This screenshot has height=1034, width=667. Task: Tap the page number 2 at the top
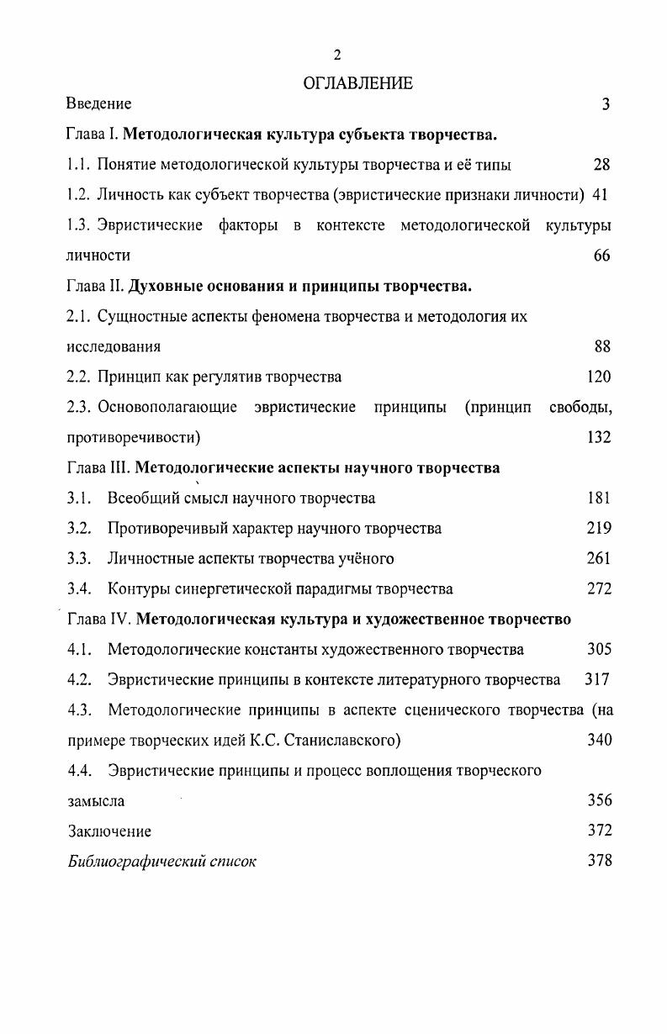point(337,55)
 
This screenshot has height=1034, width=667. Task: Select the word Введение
point(99,104)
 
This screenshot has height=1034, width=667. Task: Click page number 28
point(601,165)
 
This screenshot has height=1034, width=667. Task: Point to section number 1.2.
point(78,195)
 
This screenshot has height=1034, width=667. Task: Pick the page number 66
point(601,256)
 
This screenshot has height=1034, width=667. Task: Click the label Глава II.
point(95,286)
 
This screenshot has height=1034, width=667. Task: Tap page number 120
point(599,377)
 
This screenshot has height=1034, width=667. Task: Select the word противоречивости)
point(134,437)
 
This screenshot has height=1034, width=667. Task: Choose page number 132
point(599,437)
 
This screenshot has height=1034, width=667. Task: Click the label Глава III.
point(98,467)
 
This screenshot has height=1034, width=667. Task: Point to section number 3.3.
point(79,558)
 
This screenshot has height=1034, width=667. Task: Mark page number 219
point(599,528)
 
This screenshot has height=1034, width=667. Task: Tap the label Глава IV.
point(98,620)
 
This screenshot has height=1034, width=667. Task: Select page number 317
point(597,679)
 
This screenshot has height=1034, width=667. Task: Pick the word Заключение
point(109,831)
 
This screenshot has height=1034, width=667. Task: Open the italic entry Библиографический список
point(162,862)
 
